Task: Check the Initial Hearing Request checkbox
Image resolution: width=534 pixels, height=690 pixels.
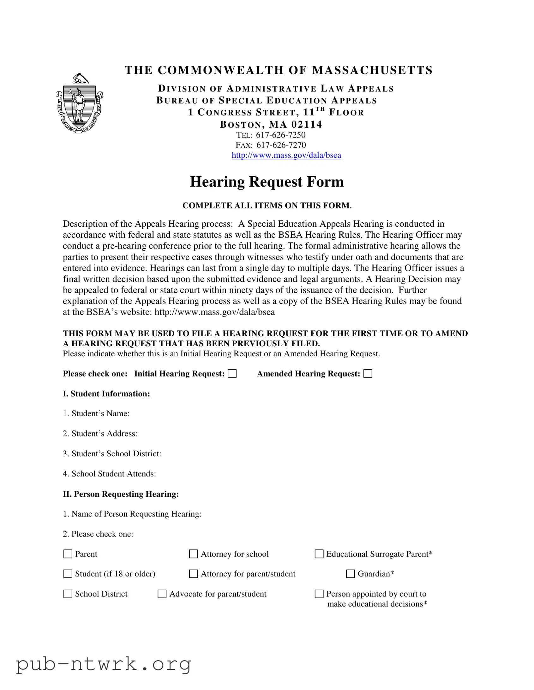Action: pos(232,374)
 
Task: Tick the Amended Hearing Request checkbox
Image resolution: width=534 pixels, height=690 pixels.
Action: pos(368,374)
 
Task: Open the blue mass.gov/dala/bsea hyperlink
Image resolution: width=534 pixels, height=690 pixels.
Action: pos(286,155)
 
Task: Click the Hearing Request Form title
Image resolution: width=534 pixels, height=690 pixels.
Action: pos(267,182)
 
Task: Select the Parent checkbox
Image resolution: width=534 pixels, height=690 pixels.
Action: pos(68,554)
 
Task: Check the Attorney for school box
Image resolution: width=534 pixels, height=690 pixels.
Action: pos(193,554)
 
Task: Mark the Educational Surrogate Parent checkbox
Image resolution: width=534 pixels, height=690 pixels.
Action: pos(319,554)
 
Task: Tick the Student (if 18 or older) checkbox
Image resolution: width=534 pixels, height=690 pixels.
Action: pos(68,574)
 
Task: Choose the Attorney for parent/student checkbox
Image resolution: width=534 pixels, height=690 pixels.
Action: pos(193,574)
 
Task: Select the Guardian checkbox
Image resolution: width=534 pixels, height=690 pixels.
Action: pos(350,574)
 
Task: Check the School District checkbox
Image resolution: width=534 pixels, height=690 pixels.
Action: pos(68,594)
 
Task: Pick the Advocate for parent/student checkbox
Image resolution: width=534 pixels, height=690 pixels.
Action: pos(162,594)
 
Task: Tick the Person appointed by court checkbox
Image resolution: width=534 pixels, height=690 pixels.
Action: pos(319,594)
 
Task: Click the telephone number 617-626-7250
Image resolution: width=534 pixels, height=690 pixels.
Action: pos(281,135)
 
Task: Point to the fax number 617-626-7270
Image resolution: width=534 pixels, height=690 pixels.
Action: pos(281,145)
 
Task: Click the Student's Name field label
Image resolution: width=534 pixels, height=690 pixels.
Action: pos(96,413)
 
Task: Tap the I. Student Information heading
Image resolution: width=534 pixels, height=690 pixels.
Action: pos(106,394)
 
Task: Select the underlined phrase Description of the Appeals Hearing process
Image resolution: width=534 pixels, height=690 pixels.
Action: pos(147,224)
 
